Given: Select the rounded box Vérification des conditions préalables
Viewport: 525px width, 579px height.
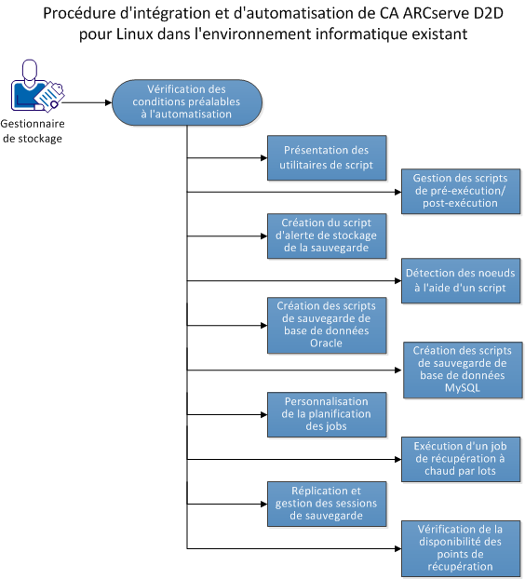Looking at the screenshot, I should [188, 101].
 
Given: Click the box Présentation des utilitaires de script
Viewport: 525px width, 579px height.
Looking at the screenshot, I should [326, 157].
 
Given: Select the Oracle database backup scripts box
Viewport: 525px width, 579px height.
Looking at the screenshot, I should [326, 324].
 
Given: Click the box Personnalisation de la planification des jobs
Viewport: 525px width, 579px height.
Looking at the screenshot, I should [326, 413].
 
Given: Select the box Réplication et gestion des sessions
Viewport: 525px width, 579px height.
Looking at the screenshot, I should [326, 503].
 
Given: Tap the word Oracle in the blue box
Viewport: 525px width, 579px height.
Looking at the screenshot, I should [326, 343].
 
